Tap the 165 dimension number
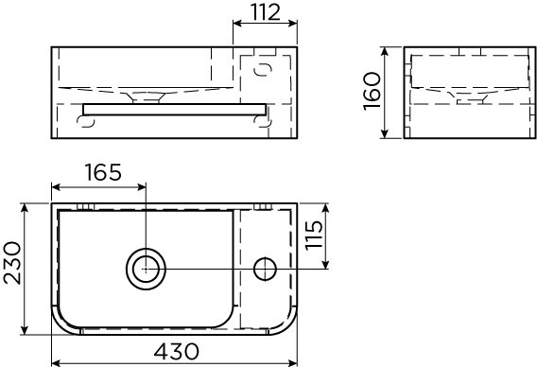click(102, 172)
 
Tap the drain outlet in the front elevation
click(145, 95)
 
